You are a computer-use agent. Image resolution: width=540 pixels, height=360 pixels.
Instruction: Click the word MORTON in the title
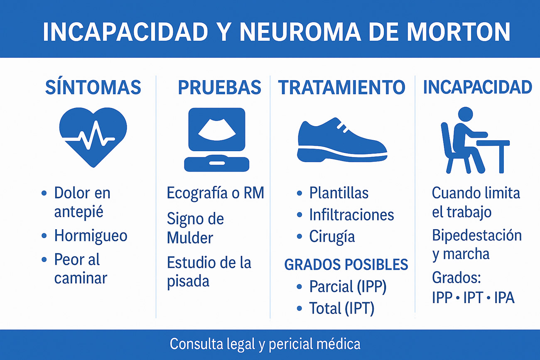[x=458, y=32]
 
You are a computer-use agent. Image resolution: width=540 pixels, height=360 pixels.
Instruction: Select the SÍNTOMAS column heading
[x=93, y=87]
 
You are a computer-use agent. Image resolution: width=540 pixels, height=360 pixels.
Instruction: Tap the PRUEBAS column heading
[x=219, y=87]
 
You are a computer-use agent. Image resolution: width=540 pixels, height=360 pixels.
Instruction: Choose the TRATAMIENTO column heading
[x=341, y=87]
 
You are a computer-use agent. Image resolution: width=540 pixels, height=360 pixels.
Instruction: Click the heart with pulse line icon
[x=93, y=137]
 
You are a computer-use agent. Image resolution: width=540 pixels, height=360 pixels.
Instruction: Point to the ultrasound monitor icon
[x=217, y=140]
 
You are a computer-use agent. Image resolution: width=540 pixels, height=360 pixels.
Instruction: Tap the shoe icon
[x=342, y=140]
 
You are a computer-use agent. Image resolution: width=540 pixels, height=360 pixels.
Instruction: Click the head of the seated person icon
[x=465, y=114]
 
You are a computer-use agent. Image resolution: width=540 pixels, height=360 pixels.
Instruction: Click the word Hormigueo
[x=91, y=235]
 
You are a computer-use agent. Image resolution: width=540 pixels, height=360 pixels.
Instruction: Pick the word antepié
[x=79, y=212]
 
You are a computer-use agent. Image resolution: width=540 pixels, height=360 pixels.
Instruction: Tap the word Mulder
[x=190, y=238]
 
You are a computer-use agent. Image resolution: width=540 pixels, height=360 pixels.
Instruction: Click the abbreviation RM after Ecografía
[x=254, y=193]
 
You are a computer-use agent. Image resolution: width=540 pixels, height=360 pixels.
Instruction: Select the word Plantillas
[x=339, y=193]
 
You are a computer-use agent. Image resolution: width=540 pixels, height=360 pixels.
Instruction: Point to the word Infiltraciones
[x=351, y=215]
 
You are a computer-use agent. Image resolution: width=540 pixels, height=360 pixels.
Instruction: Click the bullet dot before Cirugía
[x=299, y=236]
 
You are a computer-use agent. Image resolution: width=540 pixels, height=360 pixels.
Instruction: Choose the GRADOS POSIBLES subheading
[x=346, y=264]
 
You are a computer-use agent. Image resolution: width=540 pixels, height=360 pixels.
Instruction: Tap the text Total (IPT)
[x=341, y=308]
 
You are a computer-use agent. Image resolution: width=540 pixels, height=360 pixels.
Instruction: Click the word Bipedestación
[x=477, y=236]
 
